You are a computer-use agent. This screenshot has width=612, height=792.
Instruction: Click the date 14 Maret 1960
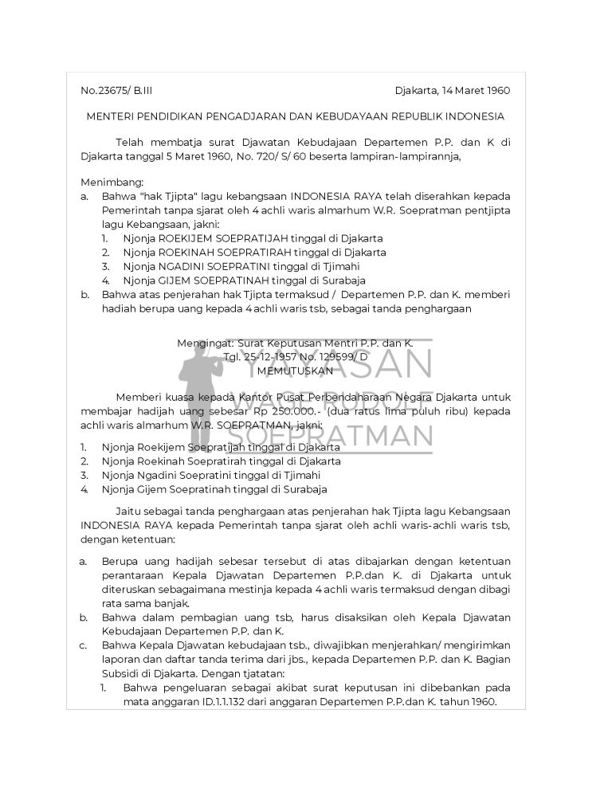pos(469,90)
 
